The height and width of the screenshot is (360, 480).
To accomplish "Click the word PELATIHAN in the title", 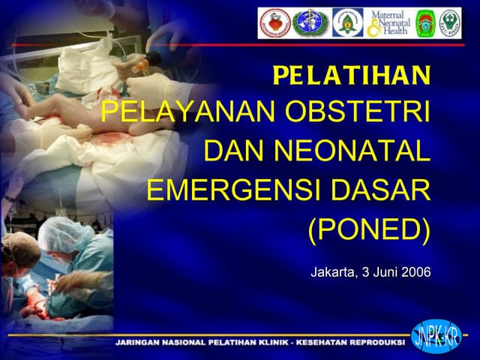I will [x=352, y=76].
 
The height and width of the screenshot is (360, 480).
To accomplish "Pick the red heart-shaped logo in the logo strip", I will [x=274, y=23].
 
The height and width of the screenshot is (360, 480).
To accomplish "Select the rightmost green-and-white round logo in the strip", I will [x=450, y=23].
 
